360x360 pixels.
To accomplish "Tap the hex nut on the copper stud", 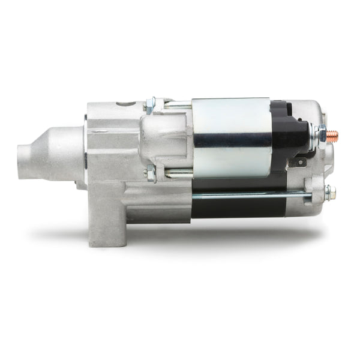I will pyautogui.click(x=322, y=135).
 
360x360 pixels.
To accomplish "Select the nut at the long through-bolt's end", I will pyautogui.click(x=329, y=193).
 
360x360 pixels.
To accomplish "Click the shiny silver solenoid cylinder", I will pyautogui.click(x=231, y=120).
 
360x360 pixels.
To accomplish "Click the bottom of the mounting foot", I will pyautogui.click(x=108, y=244).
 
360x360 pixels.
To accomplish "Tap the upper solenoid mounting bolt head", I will pyautogui.click(x=151, y=105).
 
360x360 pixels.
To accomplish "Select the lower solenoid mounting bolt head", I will pyautogui.click(x=150, y=174).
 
